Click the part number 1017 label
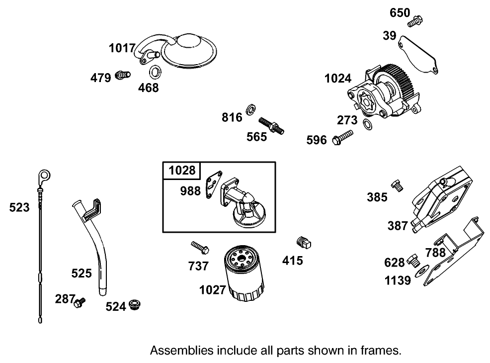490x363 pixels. click(x=122, y=48)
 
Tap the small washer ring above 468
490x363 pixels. click(x=155, y=71)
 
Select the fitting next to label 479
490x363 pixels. click(x=122, y=75)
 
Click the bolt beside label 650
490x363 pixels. click(x=415, y=21)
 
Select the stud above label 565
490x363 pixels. click(x=271, y=124)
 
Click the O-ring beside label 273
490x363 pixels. click(x=366, y=124)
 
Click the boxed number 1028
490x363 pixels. click(x=182, y=171)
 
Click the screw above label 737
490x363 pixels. click(x=199, y=247)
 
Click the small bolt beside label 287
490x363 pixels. click(x=80, y=301)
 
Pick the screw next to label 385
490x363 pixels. click(x=398, y=185)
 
